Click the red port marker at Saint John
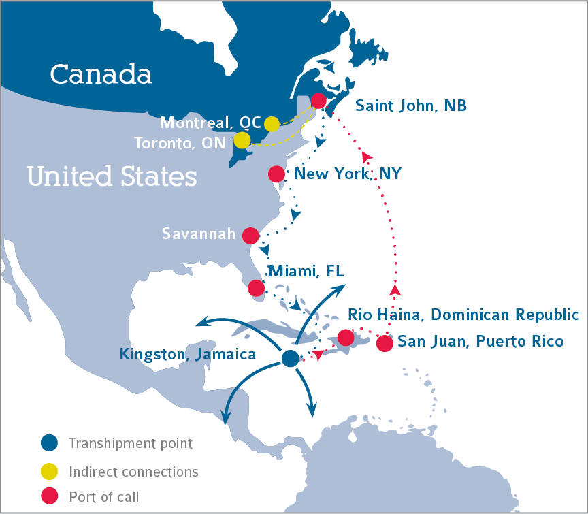318,101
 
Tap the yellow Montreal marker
272,124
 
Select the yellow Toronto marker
242,140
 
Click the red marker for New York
276,174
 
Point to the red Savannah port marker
250,236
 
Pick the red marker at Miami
256,288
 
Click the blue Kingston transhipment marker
290,358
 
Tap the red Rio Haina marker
346,337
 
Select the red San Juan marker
385,343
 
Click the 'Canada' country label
101,74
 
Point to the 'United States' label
112,177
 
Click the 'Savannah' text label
198,234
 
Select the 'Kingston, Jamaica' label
187,355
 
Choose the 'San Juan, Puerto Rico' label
480,341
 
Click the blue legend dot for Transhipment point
50,443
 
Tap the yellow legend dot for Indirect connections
50,471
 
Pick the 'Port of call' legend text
103,497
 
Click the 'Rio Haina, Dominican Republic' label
463,315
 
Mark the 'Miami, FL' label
307,272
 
